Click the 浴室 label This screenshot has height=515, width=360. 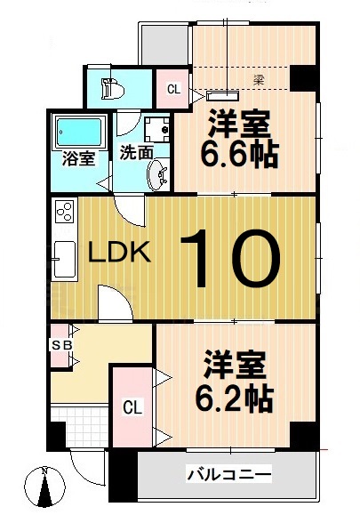pos(78,161)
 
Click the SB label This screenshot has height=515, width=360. pos(61,344)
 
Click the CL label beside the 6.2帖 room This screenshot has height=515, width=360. pos(132,407)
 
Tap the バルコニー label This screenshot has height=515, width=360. pos(228,475)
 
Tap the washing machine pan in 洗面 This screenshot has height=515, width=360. pos(156,129)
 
